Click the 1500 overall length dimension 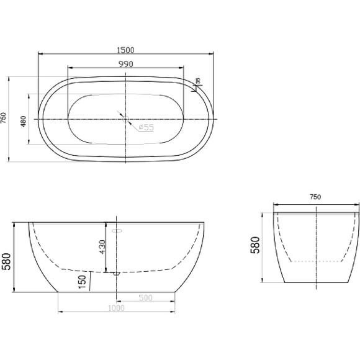125,50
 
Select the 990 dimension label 126,64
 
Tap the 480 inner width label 24,122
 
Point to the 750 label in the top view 4,118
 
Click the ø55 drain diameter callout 146,127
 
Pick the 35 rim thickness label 198,81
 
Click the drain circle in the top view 125,119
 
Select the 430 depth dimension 102,247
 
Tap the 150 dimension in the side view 82,282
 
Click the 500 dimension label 146,298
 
